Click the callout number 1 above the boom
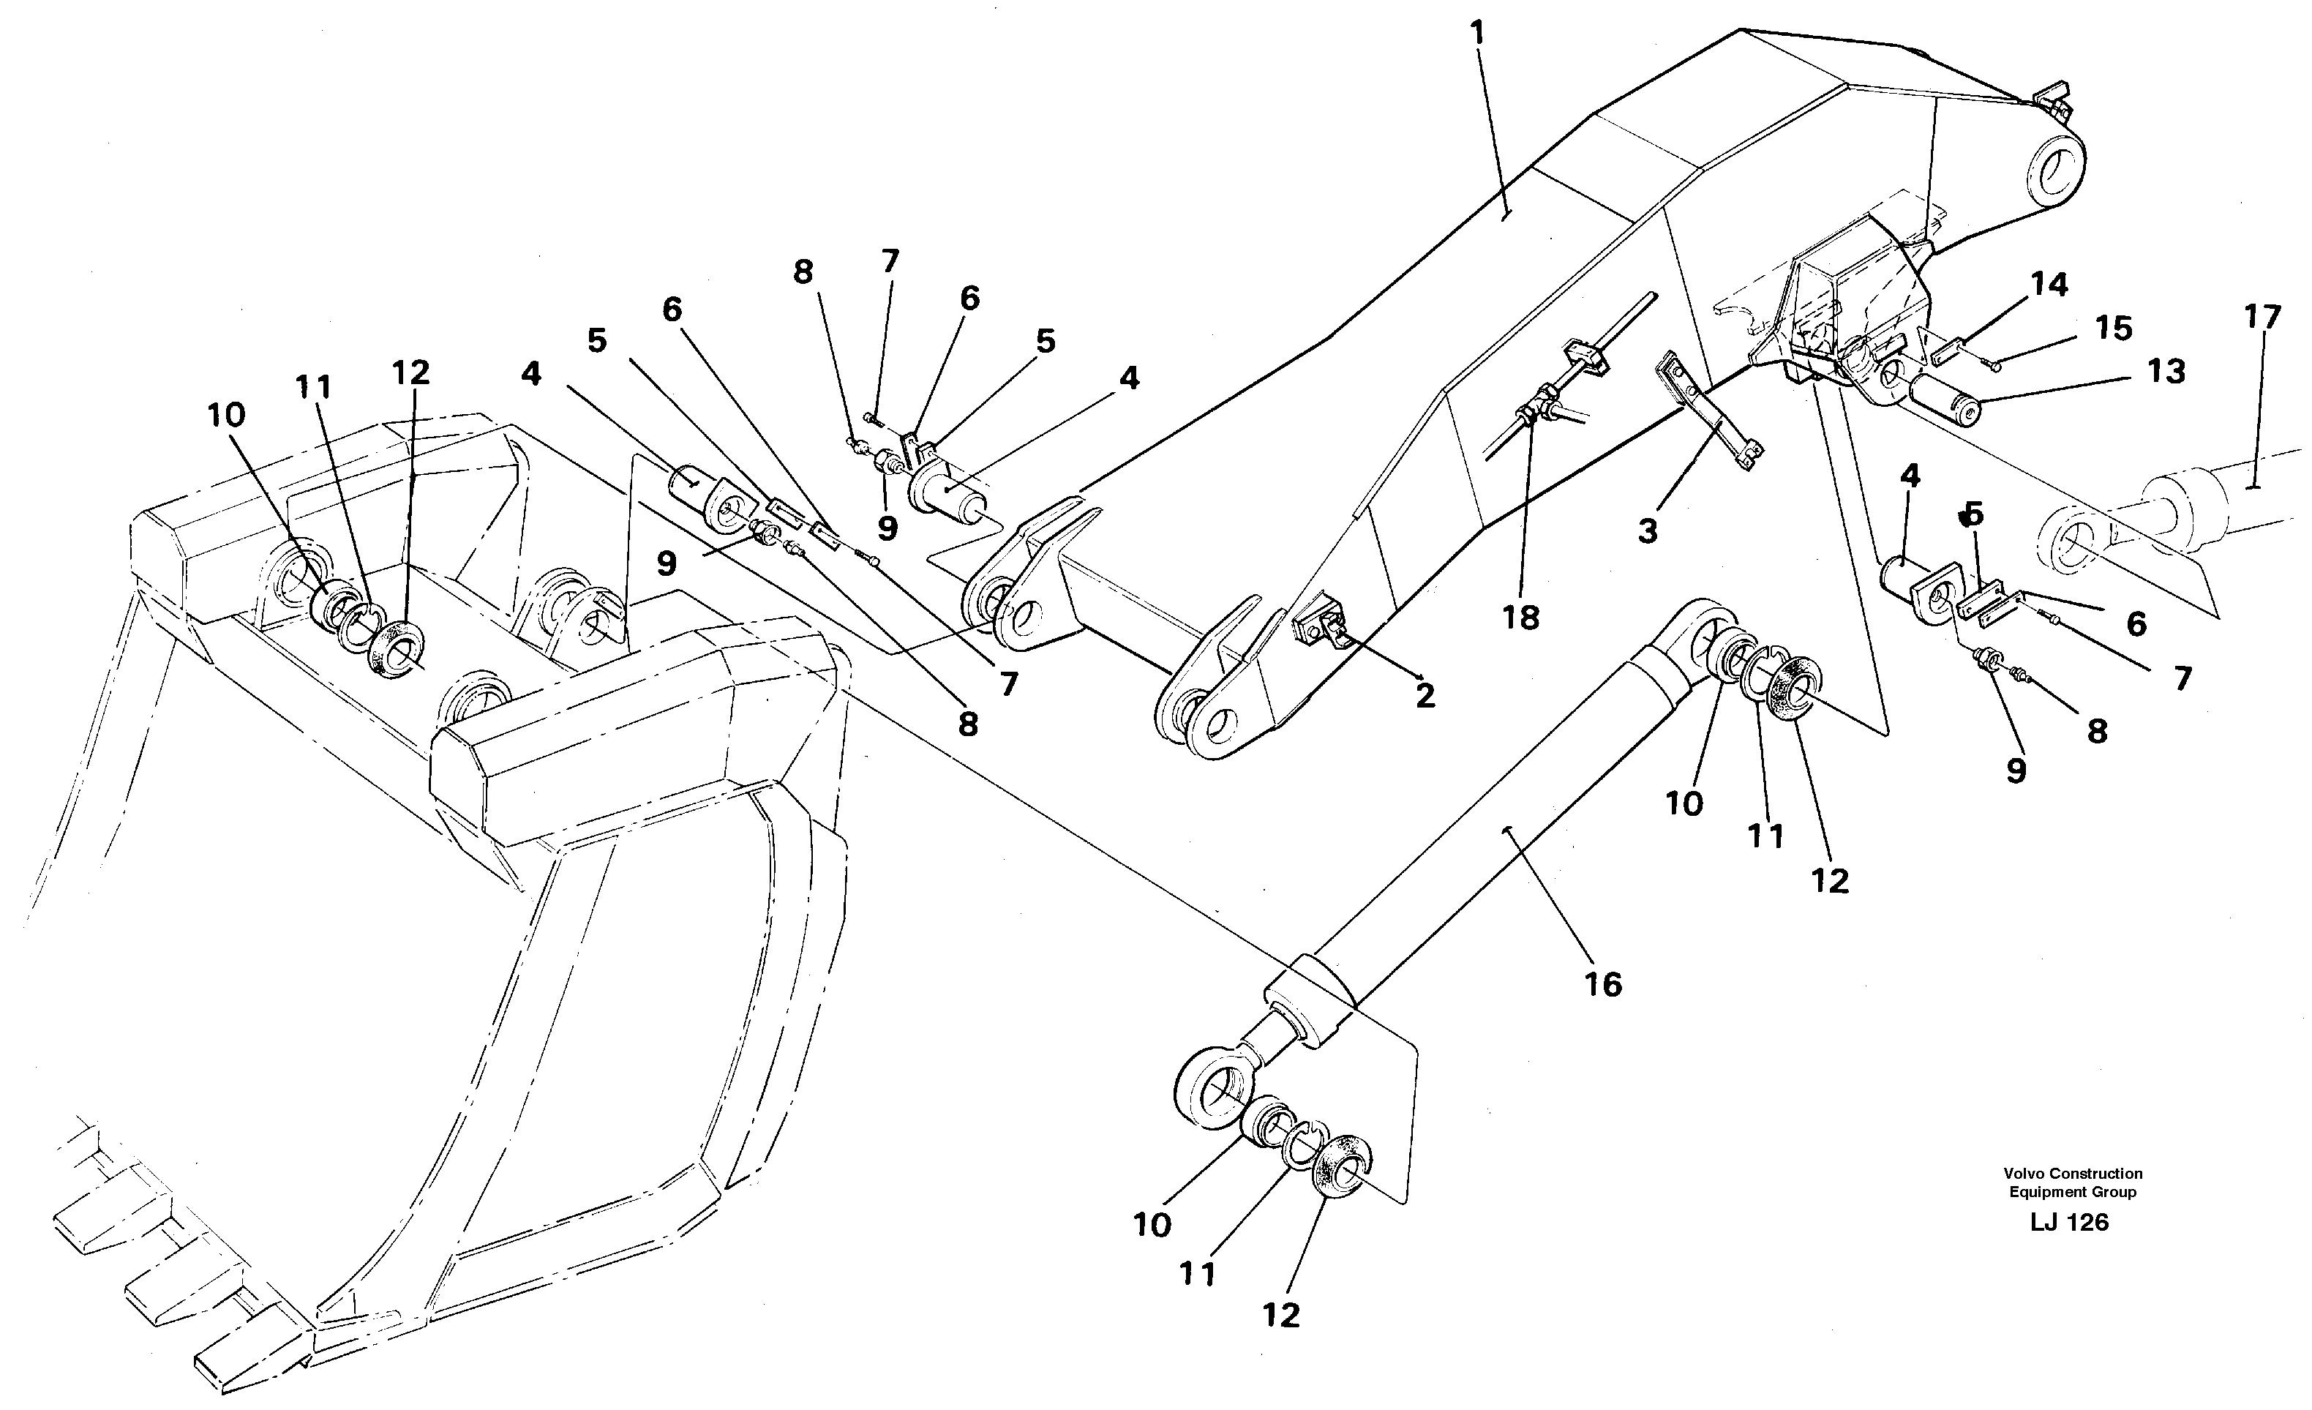1477,34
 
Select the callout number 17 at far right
2262,318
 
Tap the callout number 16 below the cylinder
1602,984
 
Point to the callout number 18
1521,618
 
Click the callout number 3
1648,532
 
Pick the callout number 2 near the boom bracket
1425,696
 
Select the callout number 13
2166,372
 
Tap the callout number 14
2049,285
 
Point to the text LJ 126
2068,1223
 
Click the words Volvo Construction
2073,1174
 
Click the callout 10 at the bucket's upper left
226,415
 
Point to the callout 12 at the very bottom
1281,1316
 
